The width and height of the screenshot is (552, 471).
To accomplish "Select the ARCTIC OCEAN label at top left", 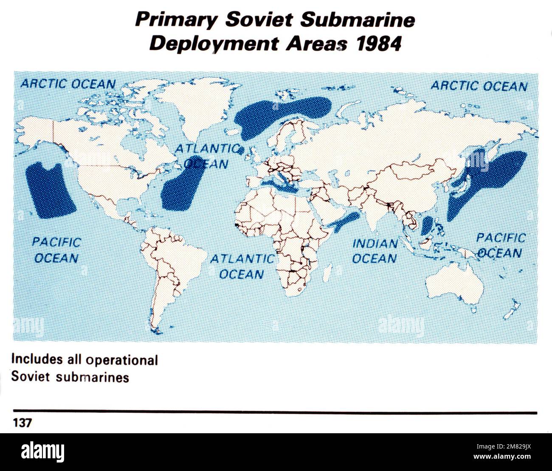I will click(x=68, y=84).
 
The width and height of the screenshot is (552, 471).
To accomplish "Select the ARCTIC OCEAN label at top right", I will click(x=479, y=86).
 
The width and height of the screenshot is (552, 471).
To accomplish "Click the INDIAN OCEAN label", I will click(x=375, y=251).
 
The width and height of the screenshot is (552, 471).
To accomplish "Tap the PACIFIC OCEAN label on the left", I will click(x=56, y=250).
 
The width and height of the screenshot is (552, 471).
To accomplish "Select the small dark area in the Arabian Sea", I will click(x=345, y=222).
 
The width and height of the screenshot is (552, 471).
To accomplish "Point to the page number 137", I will click(x=21, y=423).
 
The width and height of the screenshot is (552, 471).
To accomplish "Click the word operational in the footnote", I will click(x=122, y=360).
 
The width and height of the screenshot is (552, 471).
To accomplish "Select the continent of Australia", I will click(x=456, y=282).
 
